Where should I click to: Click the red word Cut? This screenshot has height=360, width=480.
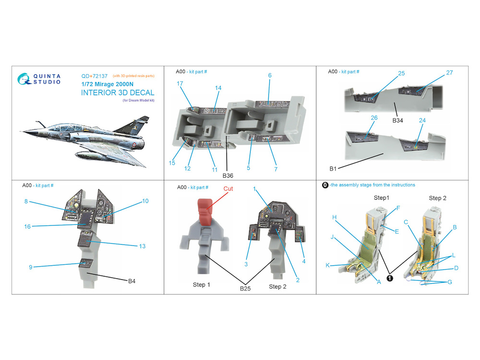tap(228, 189)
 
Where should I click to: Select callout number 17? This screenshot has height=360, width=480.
tap(180, 84)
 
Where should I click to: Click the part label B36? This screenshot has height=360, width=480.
tap(227, 176)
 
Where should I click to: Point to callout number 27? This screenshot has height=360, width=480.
tap(449, 73)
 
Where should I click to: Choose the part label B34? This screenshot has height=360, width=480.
tap(397, 120)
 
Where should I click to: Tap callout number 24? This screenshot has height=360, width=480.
tap(422, 120)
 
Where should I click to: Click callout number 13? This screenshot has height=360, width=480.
tap(142, 246)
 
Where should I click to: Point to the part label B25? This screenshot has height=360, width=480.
tap(246, 289)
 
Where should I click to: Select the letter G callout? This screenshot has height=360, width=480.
tap(449, 282)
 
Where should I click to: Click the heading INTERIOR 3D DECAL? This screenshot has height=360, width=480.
tap(118, 93)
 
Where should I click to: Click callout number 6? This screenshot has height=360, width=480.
tap(270, 76)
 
